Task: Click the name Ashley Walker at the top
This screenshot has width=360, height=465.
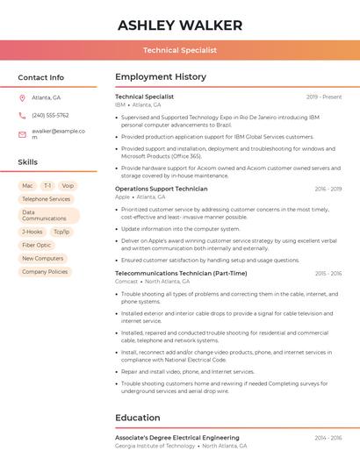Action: click(180, 25)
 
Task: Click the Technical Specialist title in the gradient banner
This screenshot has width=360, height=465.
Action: click(180, 50)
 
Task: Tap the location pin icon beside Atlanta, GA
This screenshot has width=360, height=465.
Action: click(22, 97)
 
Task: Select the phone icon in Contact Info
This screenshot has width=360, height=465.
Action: click(22, 115)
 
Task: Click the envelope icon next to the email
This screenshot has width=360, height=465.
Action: click(22, 133)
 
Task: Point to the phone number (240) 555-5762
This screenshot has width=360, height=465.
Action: click(50, 115)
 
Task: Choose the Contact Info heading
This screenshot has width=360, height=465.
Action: click(40, 77)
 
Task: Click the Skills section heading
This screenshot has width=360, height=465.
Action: click(28, 162)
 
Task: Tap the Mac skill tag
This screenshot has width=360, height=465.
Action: click(27, 186)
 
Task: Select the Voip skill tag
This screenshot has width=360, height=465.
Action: click(68, 186)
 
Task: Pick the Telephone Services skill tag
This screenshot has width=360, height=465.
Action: click(46, 199)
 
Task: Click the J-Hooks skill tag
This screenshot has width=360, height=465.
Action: click(32, 232)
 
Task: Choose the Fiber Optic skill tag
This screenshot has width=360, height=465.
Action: click(37, 245)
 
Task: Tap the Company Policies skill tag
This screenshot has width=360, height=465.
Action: click(45, 272)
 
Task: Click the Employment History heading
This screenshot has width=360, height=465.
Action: click(161, 77)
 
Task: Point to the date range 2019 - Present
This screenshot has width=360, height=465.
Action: click(324, 97)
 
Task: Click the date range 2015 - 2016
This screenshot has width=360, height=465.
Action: click(328, 274)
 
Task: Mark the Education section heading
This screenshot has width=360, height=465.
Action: click(138, 418)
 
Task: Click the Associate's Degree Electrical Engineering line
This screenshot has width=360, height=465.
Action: click(177, 437)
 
